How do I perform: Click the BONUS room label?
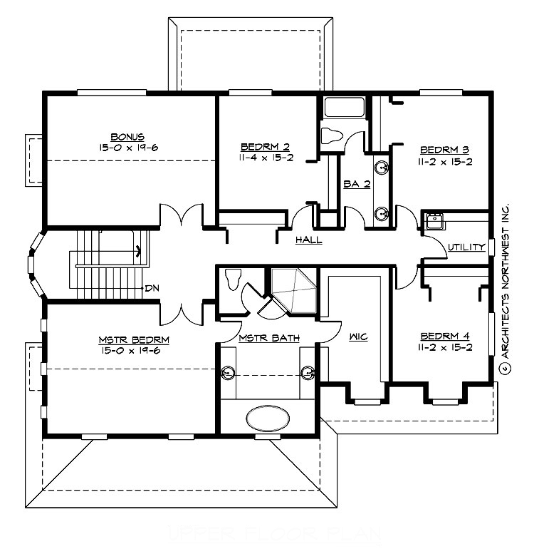tap(127, 136)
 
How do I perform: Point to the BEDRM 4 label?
tap(444, 336)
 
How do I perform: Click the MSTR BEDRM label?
tap(127, 339)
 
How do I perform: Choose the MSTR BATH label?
tap(268, 337)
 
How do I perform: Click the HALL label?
tap(309, 240)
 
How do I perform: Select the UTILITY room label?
tap(466, 247)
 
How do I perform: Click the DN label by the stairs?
tap(151, 288)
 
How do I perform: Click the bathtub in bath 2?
tap(345, 108)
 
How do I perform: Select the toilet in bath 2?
tap(333, 136)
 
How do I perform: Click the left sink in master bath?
tap(229, 371)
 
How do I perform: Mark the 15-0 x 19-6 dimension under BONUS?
tap(127, 147)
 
